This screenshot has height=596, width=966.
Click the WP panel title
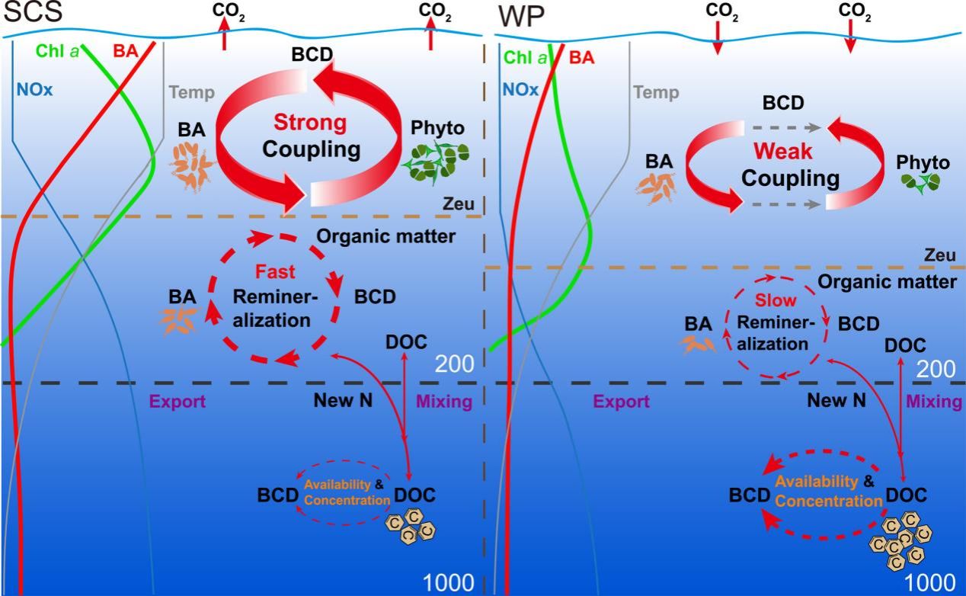pyautogui.click(x=518, y=14)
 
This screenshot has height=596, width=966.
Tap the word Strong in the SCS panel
pyautogui.click(x=310, y=123)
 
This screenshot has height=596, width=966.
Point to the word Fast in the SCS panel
pyautogui.click(x=270, y=271)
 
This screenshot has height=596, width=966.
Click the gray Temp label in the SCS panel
pyautogui.click(x=191, y=93)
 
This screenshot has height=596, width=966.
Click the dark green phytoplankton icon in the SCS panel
pyautogui.click(x=438, y=160)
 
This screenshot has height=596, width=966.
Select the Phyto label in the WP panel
pyautogui.click(x=923, y=162)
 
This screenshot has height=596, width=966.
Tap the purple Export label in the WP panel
pyautogui.click(x=622, y=402)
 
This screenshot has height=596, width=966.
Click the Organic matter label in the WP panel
pyautogui.click(x=888, y=282)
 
